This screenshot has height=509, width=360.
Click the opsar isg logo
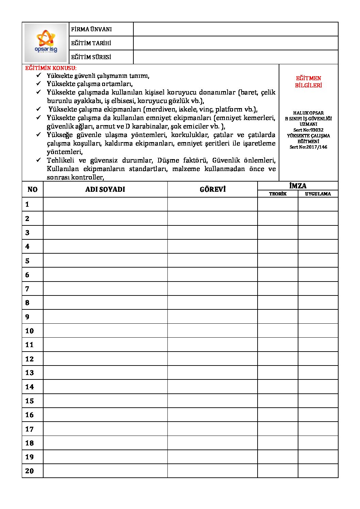click(x=46, y=43)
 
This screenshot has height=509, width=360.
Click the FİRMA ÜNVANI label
click(x=91, y=29)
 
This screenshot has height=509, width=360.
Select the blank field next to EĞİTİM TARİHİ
click(x=235, y=43)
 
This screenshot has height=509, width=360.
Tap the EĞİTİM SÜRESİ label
click(x=91, y=57)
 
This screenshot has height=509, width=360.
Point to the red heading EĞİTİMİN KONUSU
click(x=51, y=68)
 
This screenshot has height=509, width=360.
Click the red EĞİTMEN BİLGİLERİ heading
click(x=308, y=82)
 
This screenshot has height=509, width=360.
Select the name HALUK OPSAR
click(x=308, y=113)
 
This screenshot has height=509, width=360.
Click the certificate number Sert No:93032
click(x=308, y=130)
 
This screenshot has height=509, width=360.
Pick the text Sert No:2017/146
click(x=308, y=147)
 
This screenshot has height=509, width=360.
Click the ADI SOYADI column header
click(x=105, y=189)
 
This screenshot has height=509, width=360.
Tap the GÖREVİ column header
click(x=213, y=189)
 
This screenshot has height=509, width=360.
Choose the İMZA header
click(x=298, y=186)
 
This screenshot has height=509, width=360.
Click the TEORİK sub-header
click(x=278, y=194)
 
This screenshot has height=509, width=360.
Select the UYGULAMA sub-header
click(x=318, y=194)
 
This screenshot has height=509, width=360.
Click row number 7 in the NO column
click(x=27, y=289)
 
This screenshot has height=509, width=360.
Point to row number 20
click(x=30, y=471)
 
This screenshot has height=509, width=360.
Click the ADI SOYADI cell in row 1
click(x=105, y=204)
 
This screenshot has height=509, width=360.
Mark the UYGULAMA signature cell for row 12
click(x=318, y=359)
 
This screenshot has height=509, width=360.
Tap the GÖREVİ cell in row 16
click(x=213, y=415)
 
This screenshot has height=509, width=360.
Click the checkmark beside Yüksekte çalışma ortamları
click(x=39, y=83)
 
